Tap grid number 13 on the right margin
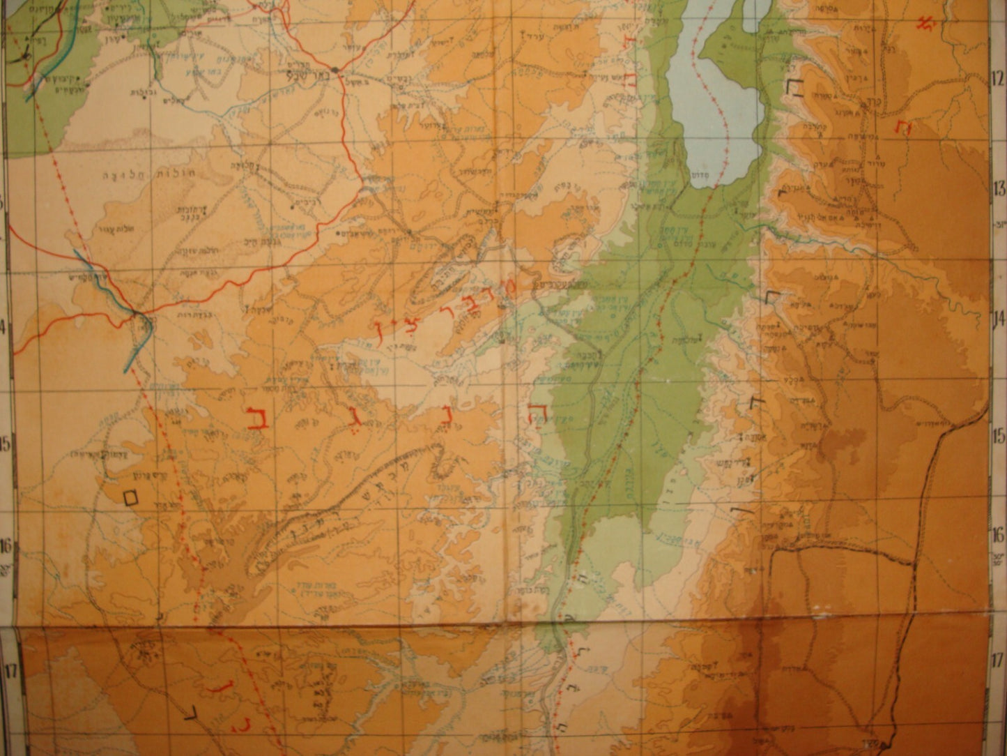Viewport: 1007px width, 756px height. [999, 188]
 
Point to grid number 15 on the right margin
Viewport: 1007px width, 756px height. [999, 436]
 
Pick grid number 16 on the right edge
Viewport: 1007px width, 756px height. [999, 535]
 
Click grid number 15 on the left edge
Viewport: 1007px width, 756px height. [5, 444]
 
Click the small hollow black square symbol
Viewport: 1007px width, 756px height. [130, 497]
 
